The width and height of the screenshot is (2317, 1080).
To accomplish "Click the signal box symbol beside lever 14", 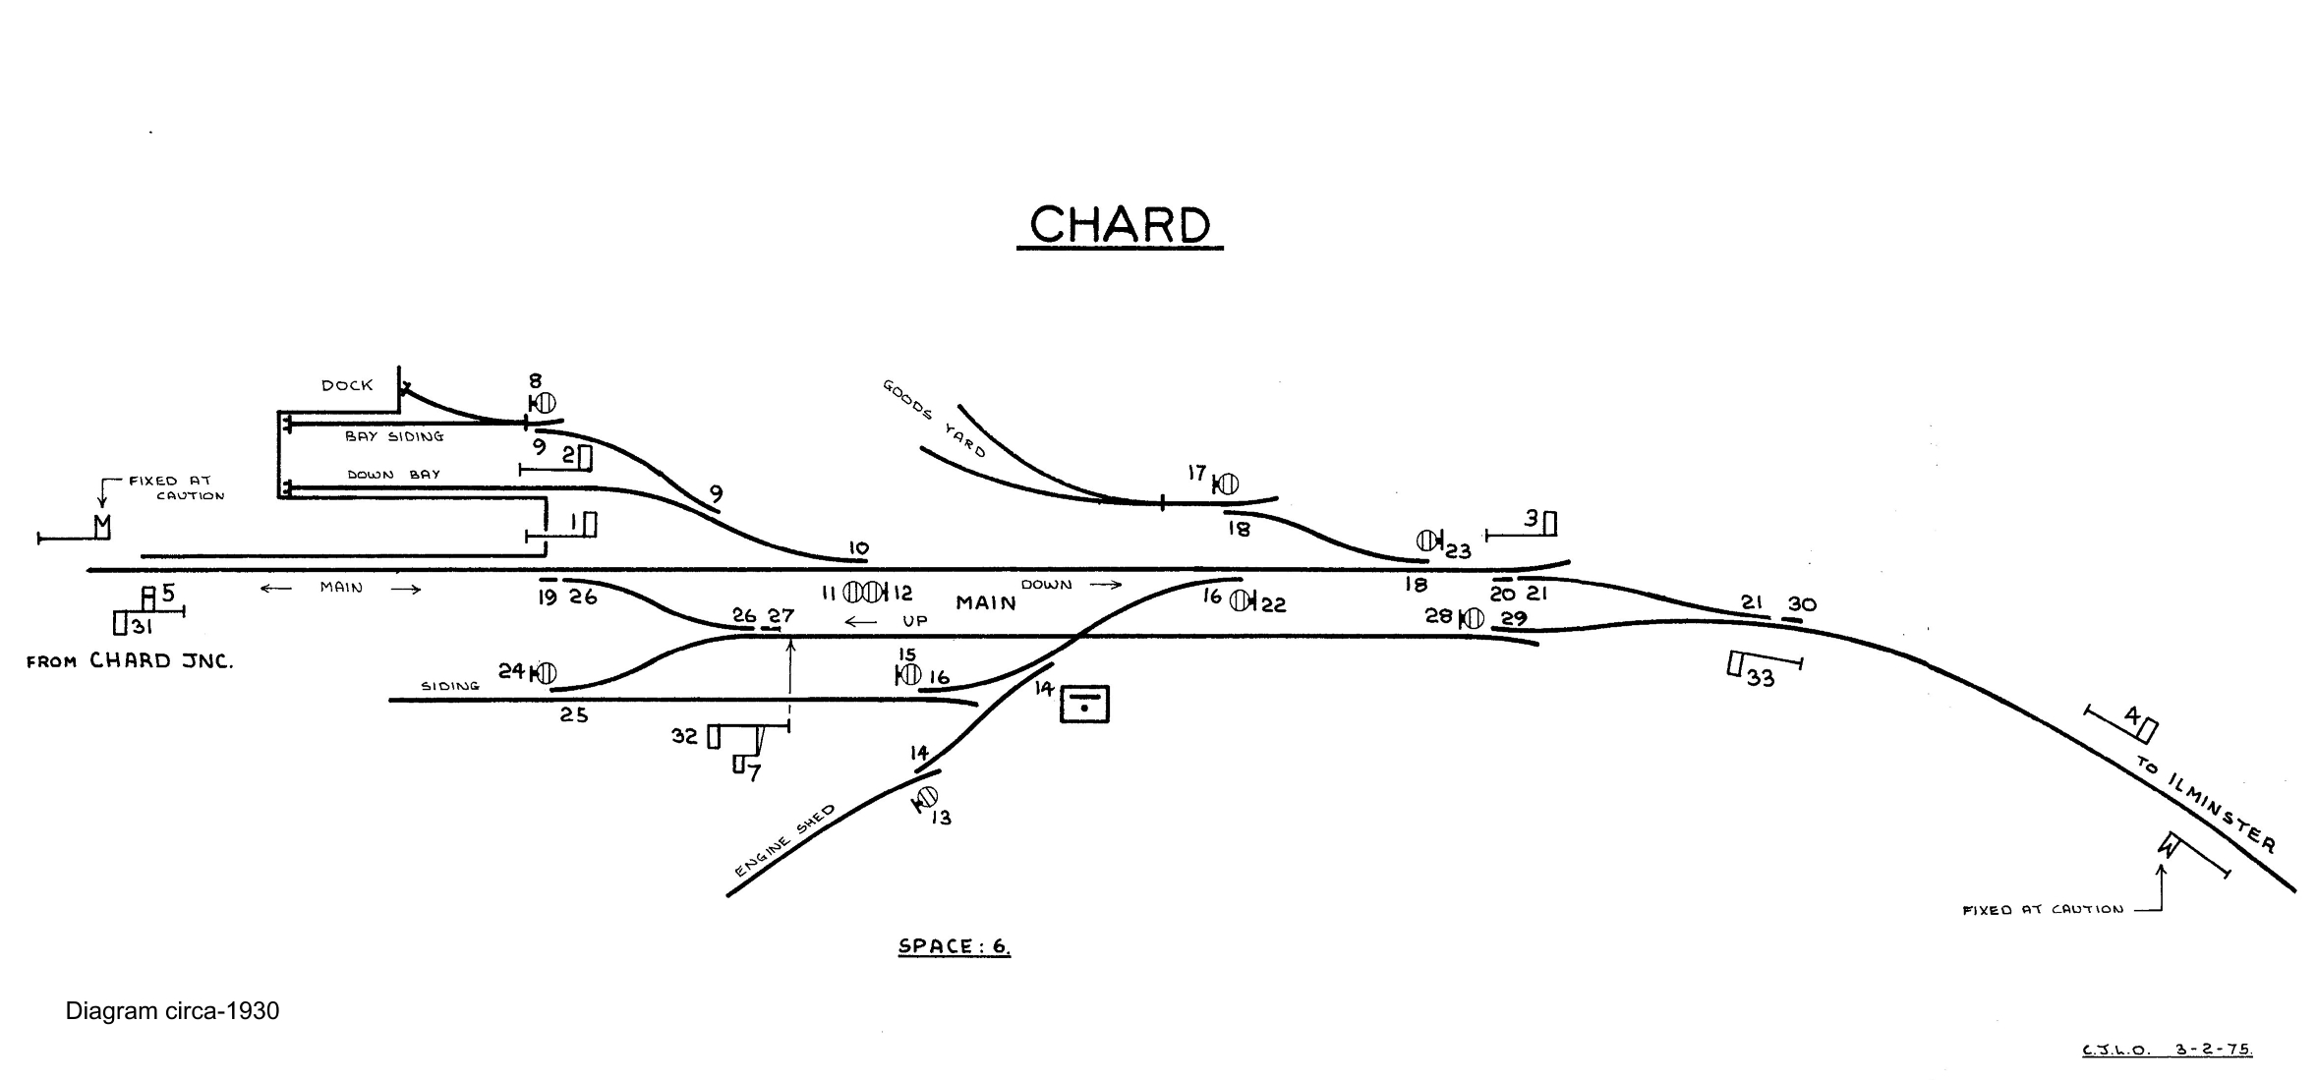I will click(x=1084, y=704).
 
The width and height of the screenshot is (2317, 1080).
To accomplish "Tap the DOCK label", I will click(x=347, y=385).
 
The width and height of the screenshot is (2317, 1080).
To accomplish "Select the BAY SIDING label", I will click(x=394, y=436).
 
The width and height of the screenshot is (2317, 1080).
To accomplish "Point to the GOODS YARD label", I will click(x=933, y=419).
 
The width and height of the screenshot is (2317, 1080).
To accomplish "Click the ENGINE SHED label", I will click(x=784, y=841).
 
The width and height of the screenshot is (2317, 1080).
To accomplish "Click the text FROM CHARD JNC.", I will click(x=130, y=661).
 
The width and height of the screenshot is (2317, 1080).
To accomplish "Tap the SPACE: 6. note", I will click(x=954, y=946).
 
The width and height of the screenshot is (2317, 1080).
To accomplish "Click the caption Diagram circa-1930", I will click(x=172, y=1011).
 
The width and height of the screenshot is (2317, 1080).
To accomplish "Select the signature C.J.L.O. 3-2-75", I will click(x=2167, y=1050).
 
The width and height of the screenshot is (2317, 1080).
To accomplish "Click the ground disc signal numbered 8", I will click(x=544, y=403).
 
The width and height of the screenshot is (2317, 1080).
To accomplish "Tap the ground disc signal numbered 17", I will click(x=1226, y=484).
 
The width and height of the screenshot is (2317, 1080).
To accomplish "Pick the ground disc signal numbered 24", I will click(x=544, y=673).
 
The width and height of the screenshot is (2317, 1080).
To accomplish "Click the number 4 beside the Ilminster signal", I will click(x=2131, y=716).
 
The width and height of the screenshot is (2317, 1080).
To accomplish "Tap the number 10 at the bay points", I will click(x=858, y=548).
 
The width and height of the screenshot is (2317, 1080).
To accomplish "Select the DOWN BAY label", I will click(x=394, y=475).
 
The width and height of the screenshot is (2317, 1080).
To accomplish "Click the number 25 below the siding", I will click(x=574, y=715).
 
